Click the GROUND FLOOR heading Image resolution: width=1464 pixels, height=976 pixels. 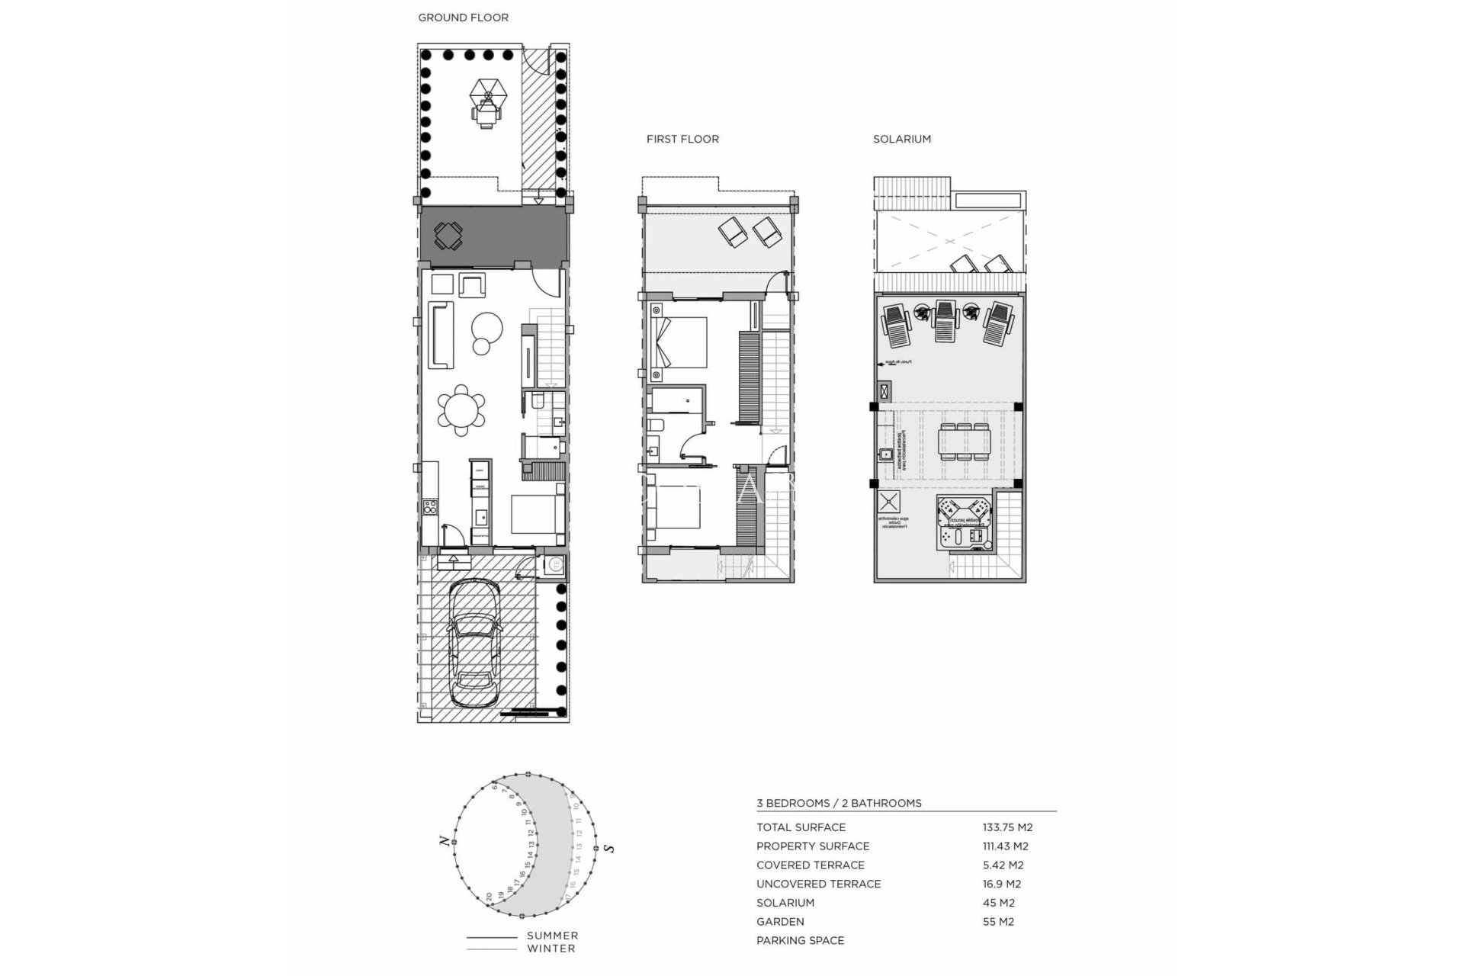pyautogui.click(x=463, y=18)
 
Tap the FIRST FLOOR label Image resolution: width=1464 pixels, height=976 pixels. pyautogui.click(x=682, y=139)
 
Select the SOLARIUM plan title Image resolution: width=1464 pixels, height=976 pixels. pyautogui.click(x=902, y=139)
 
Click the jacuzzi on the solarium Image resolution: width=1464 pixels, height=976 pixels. pyautogui.click(x=964, y=522)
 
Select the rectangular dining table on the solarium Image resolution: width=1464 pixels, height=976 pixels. pyautogui.click(x=965, y=442)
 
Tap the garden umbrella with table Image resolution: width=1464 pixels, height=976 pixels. pyautogui.click(x=488, y=97)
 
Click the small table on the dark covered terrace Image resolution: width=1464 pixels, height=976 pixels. pyautogui.click(x=448, y=236)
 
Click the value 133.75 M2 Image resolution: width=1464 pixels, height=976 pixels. pyautogui.click(x=1007, y=827)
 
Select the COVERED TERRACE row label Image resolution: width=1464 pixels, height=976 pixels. pyautogui.click(x=810, y=865)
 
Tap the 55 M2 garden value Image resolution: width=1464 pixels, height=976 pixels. pyautogui.click(x=998, y=922)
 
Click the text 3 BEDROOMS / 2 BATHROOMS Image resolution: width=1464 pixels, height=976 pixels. pyautogui.click(x=839, y=803)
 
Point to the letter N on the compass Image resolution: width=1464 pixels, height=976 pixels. pyautogui.click(x=443, y=840)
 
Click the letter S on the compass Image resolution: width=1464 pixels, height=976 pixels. pyautogui.click(x=609, y=848)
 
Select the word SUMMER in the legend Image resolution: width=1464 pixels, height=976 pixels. pyautogui.click(x=552, y=936)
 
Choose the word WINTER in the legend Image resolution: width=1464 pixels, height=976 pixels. pyautogui.click(x=551, y=949)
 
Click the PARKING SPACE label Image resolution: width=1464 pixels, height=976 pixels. pyautogui.click(x=800, y=940)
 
